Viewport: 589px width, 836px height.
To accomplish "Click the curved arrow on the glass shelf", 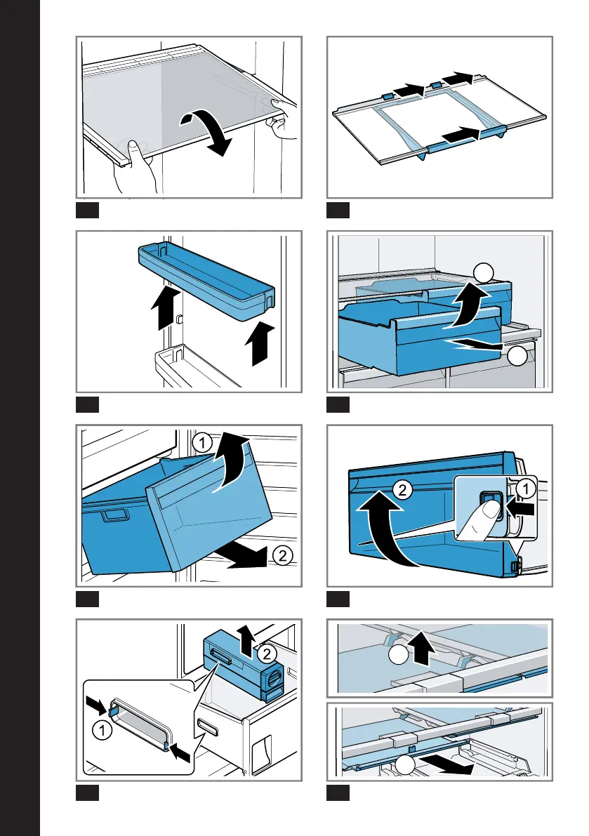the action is tap(211, 132).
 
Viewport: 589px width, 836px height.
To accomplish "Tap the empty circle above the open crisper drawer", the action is tap(482, 273).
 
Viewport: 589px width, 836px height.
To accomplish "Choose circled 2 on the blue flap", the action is tap(399, 491).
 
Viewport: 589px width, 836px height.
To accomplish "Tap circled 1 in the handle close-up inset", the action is tap(102, 730).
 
